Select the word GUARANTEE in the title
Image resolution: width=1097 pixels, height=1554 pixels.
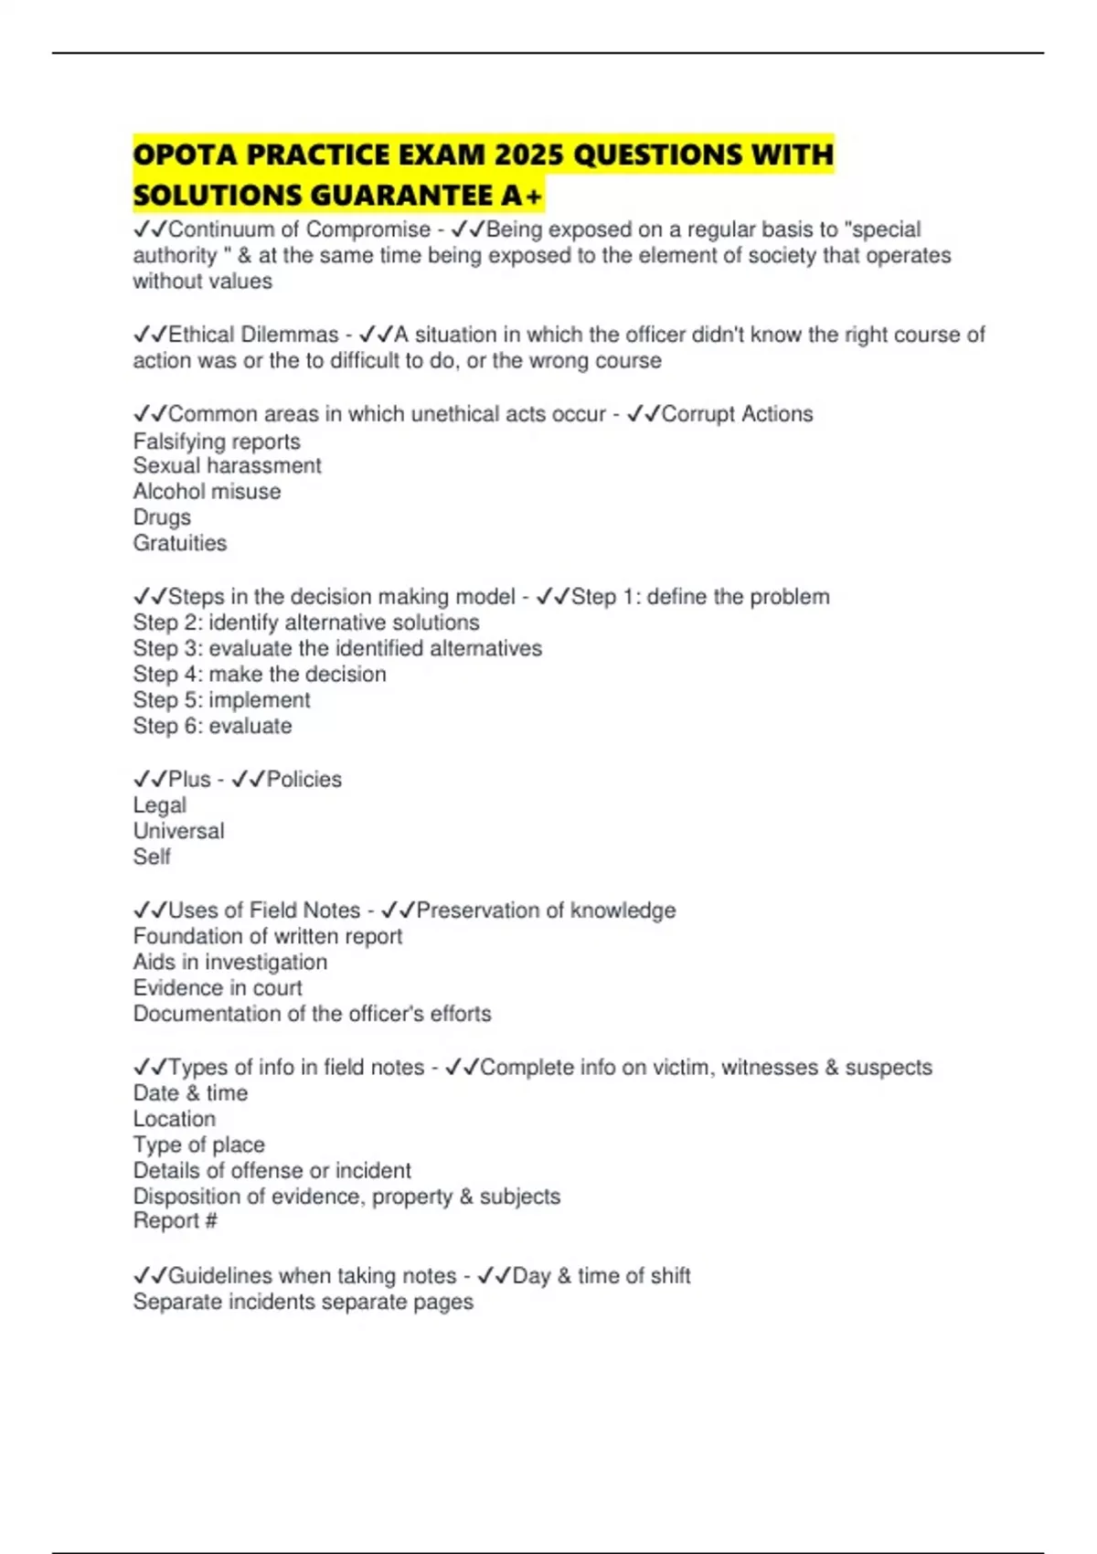tap(399, 196)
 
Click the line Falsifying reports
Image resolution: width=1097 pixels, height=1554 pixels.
tap(217, 442)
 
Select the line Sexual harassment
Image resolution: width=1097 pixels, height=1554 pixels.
tap(227, 466)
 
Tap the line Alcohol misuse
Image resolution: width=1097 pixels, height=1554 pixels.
tap(207, 492)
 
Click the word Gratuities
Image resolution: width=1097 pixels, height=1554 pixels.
tap(180, 543)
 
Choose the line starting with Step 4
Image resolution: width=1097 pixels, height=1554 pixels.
tap(260, 675)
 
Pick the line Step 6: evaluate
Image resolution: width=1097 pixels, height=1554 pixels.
tap(212, 726)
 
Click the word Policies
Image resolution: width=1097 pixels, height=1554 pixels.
tap(304, 780)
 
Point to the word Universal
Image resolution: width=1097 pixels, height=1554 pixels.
tap(178, 831)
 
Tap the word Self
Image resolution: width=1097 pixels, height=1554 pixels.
tap(152, 857)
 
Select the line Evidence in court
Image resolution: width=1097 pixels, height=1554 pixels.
tap(218, 988)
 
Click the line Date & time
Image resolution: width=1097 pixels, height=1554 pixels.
tap(190, 1093)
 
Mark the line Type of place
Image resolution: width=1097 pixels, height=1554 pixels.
tap(198, 1144)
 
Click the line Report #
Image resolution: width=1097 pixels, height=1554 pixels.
tap(175, 1221)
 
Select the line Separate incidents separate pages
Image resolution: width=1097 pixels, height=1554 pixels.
tap(303, 1302)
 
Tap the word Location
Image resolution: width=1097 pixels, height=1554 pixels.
tap(175, 1119)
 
